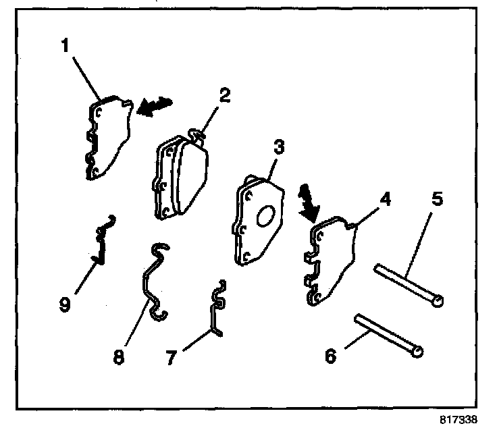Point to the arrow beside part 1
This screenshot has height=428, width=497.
click(x=154, y=105)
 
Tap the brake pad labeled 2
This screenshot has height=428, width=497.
click(x=179, y=177)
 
